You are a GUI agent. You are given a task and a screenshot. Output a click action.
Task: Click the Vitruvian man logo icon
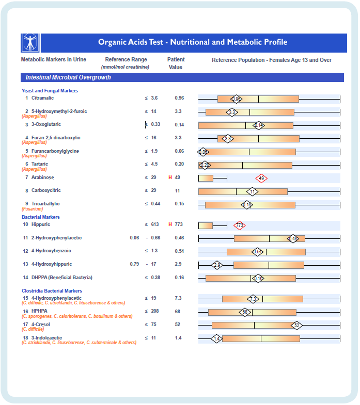click(x=30, y=43)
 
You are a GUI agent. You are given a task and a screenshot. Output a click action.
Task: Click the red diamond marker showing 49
click(x=261, y=178)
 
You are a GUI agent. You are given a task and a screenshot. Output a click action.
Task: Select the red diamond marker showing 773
click(x=239, y=225)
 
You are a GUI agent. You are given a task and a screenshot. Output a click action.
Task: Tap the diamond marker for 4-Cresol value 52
click(x=296, y=325)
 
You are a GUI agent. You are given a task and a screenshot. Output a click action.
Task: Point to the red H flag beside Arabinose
click(x=170, y=177)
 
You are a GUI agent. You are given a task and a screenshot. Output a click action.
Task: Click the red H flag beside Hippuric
click(x=170, y=225)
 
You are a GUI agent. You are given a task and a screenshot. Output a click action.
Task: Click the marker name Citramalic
click(x=42, y=98)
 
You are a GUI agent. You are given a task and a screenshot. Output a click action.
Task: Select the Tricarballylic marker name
click(x=45, y=204)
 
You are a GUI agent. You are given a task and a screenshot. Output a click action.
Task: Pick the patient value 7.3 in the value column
click(x=178, y=298)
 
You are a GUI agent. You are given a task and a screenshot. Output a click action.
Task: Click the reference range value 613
click(x=155, y=225)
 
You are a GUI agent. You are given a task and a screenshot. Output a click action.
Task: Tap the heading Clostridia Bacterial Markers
click(x=52, y=291)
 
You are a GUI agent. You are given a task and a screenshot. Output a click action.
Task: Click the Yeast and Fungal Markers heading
click(x=50, y=91)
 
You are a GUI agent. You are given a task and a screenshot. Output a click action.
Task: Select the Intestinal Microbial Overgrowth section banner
click(x=182, y=77)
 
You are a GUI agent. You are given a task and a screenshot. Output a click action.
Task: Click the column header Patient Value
click(x=176, y=63)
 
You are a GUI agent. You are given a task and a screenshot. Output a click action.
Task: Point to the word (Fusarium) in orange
click(x=32, y=209)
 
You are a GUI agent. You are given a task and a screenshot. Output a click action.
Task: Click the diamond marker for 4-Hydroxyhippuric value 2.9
click(x=217, y=265)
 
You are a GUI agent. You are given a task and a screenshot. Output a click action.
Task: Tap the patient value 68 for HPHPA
click(x=178, y=312)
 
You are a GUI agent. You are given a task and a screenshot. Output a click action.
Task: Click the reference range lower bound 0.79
click(x=134, y=264)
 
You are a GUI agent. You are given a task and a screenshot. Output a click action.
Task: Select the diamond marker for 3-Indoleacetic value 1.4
click(x=217, y=338)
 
